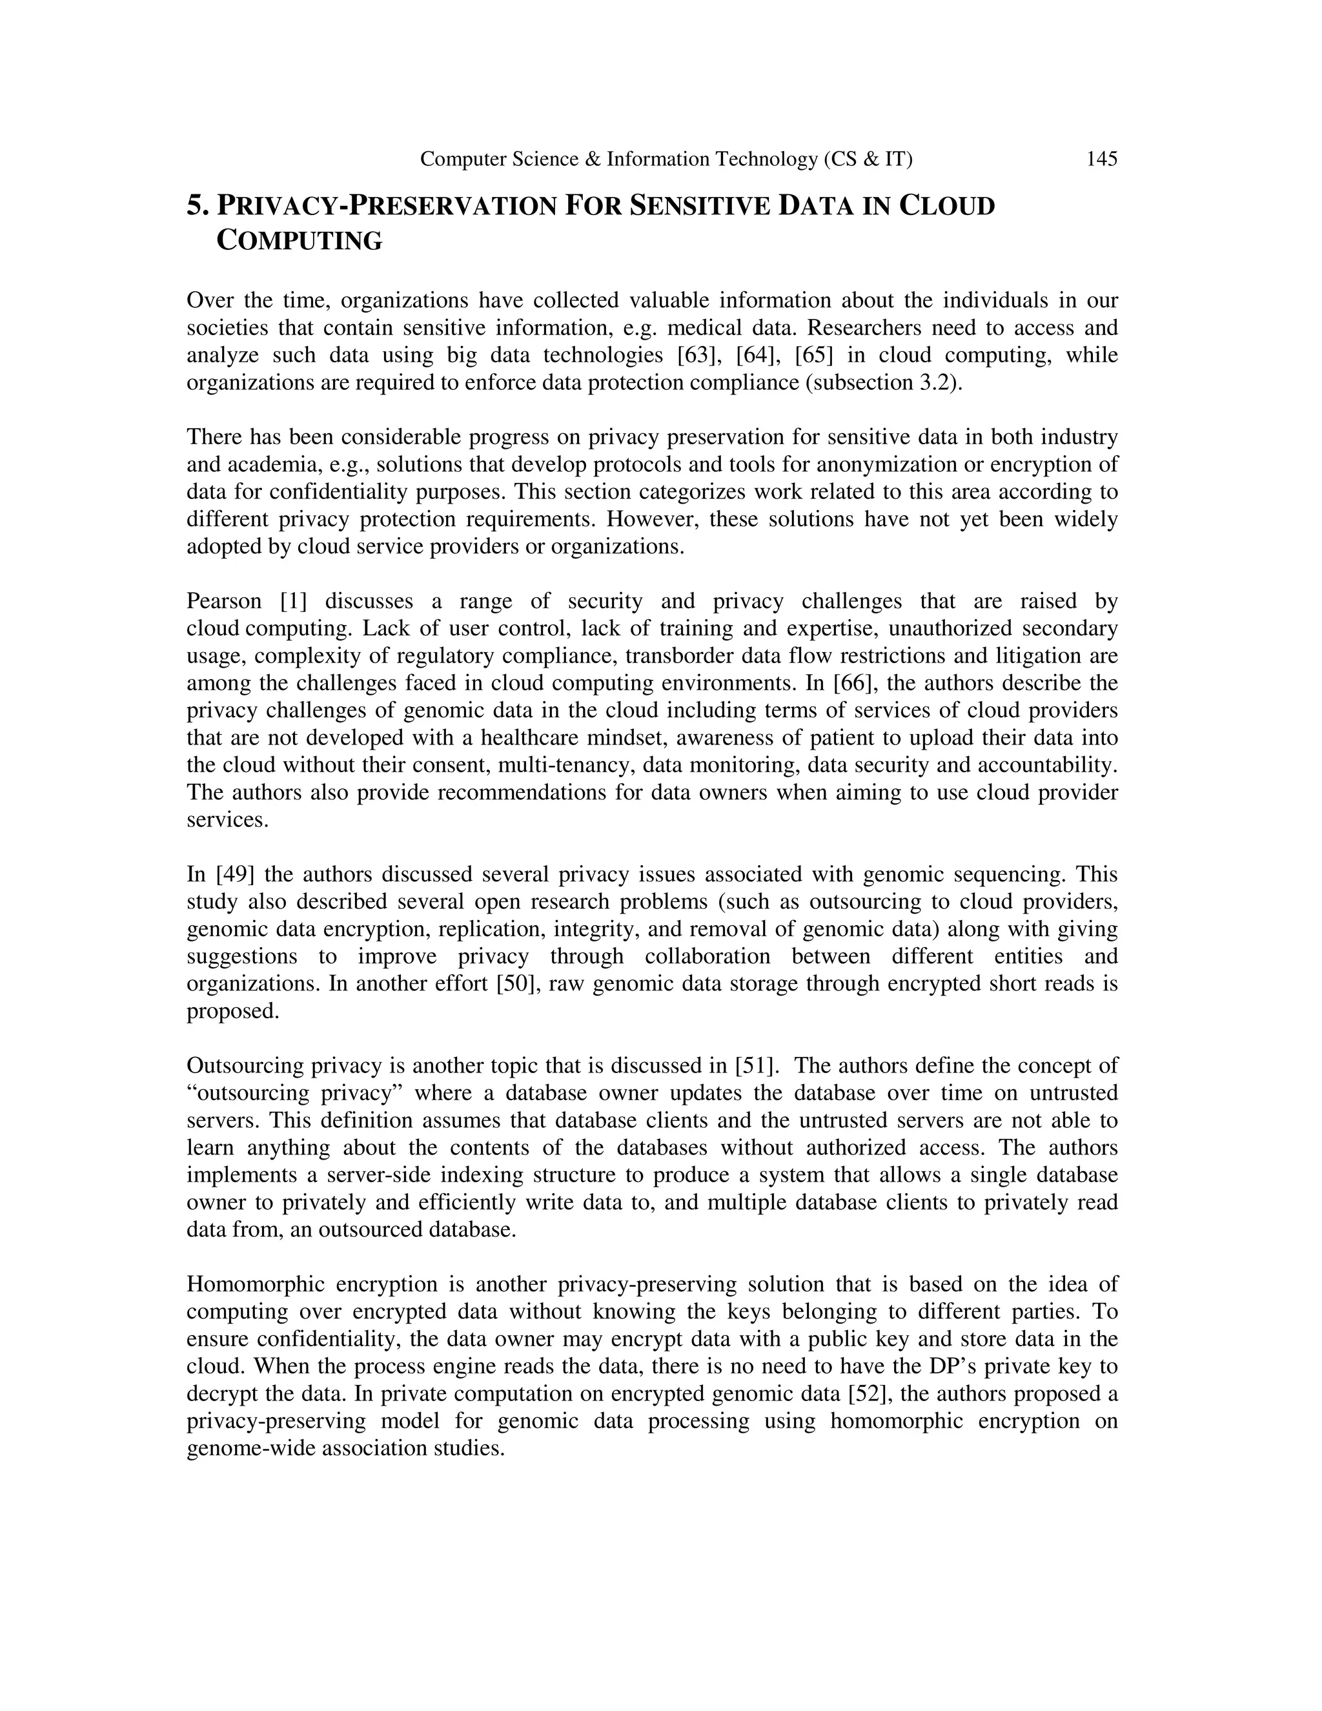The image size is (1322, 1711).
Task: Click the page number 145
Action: (1101, 160)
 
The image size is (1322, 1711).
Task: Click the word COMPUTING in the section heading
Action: (299, 241)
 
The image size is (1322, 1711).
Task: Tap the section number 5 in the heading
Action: (196, 206)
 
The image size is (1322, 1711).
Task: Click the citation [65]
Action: (814, 355)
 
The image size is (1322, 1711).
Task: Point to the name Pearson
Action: (224, 601)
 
